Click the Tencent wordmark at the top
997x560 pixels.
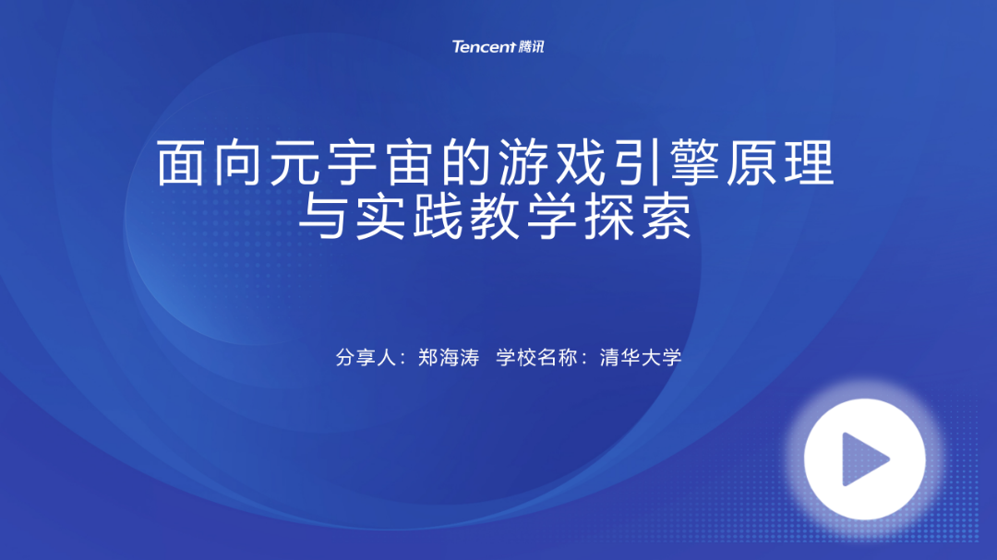[483, 46]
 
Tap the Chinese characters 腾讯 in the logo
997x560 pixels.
[531, 46]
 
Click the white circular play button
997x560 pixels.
[864, 459]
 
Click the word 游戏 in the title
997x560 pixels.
[551, 162]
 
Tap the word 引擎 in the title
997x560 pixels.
[666, 162]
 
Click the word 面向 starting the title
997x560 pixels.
[209, 162]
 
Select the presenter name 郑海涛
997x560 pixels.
[449, 357]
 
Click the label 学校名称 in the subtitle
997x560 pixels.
[536, 357]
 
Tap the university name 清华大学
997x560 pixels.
[641, 357]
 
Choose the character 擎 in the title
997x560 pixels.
[694, 162]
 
